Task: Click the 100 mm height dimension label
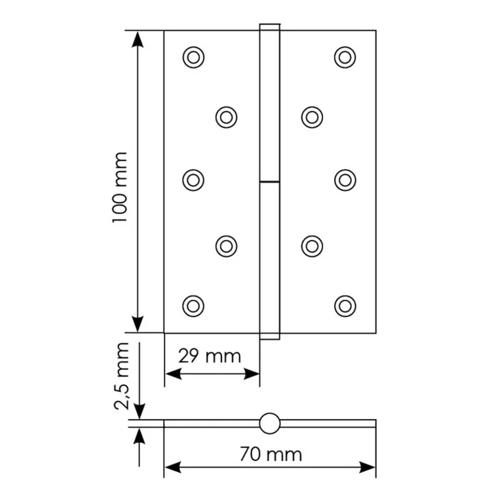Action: tap(120, 187)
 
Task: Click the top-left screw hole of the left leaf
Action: tap(193, 57)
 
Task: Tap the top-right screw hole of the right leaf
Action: tap(345, 57)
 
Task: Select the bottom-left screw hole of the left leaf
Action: tap(193, 306)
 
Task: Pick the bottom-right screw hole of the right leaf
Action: tap(345, 306)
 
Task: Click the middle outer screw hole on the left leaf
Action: tap(193, 180)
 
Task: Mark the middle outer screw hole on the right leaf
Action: tap(345, 180)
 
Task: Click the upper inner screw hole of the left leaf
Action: tap(226, 117)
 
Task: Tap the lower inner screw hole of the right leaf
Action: tap(312, 246)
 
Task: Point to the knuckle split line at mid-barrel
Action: tap(270, 181)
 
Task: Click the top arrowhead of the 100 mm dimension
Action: tap(138, 39)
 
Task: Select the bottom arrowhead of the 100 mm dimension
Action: tap(138, 324)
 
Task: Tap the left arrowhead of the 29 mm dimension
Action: tap(173, 374)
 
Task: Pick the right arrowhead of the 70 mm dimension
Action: tap(367, 467)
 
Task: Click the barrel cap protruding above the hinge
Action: tap(270, 27)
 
